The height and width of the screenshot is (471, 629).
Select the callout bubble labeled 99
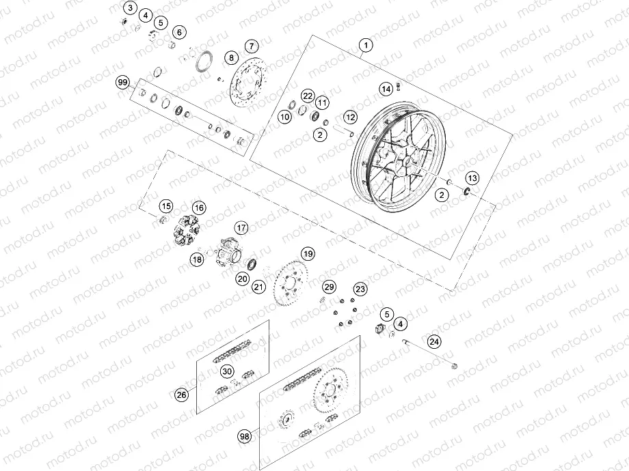(x=123, y=83)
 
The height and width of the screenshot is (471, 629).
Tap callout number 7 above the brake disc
(x=251, y=46)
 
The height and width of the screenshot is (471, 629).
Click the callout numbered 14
(x=386, y=88)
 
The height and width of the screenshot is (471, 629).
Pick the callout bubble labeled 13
(x=473, y=177)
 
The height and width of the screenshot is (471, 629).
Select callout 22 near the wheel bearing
(x=308, y=96)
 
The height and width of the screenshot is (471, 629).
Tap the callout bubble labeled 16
(x=199, y=208)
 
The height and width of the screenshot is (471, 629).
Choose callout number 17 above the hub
(x=241, y=227)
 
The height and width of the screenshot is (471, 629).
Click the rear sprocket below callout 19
(x=291, y=283)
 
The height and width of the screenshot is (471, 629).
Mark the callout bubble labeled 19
(x=308, y=253)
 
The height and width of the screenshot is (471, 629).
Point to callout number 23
(x=360, y=289)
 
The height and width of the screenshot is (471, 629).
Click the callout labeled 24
(x=435, y=341)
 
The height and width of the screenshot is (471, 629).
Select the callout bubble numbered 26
(x=180, y=394)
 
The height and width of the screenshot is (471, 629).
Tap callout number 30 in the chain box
(x=226, y=371)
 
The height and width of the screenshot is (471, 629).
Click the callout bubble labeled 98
(x=245, y=435)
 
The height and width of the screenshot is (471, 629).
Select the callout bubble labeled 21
(x=258, y=287)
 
